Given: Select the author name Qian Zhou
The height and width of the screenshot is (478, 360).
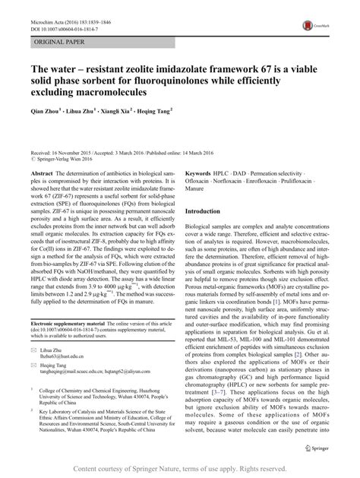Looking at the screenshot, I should (x=49, y=111).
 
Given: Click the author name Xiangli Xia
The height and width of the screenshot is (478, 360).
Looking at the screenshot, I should (x=111, y=111).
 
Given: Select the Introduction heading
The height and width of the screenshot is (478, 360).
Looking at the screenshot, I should (x=208, y=211).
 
